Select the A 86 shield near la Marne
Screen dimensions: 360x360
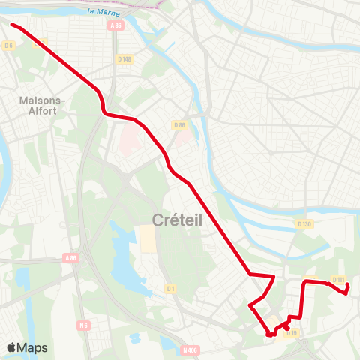[x=115, y=25]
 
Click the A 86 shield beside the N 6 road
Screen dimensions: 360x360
[x=70, y=258]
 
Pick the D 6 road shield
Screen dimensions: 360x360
[x=9, y=46]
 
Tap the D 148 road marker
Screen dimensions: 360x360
[x=124, y=59]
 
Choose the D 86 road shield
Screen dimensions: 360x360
[x=178, y=125]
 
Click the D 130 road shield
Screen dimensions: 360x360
[x=304, y=224]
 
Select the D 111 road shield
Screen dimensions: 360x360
[x=338, y=280]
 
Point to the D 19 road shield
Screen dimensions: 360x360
[x=292, y=332]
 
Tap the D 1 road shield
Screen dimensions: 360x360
[x=171, y=288]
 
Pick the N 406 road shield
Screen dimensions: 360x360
[x=190, y=349]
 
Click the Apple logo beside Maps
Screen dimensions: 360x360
[x=11, y=347]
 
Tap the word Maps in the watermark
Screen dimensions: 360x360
[x=32, y=348]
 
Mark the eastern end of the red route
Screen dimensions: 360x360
[x=346, y=294]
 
